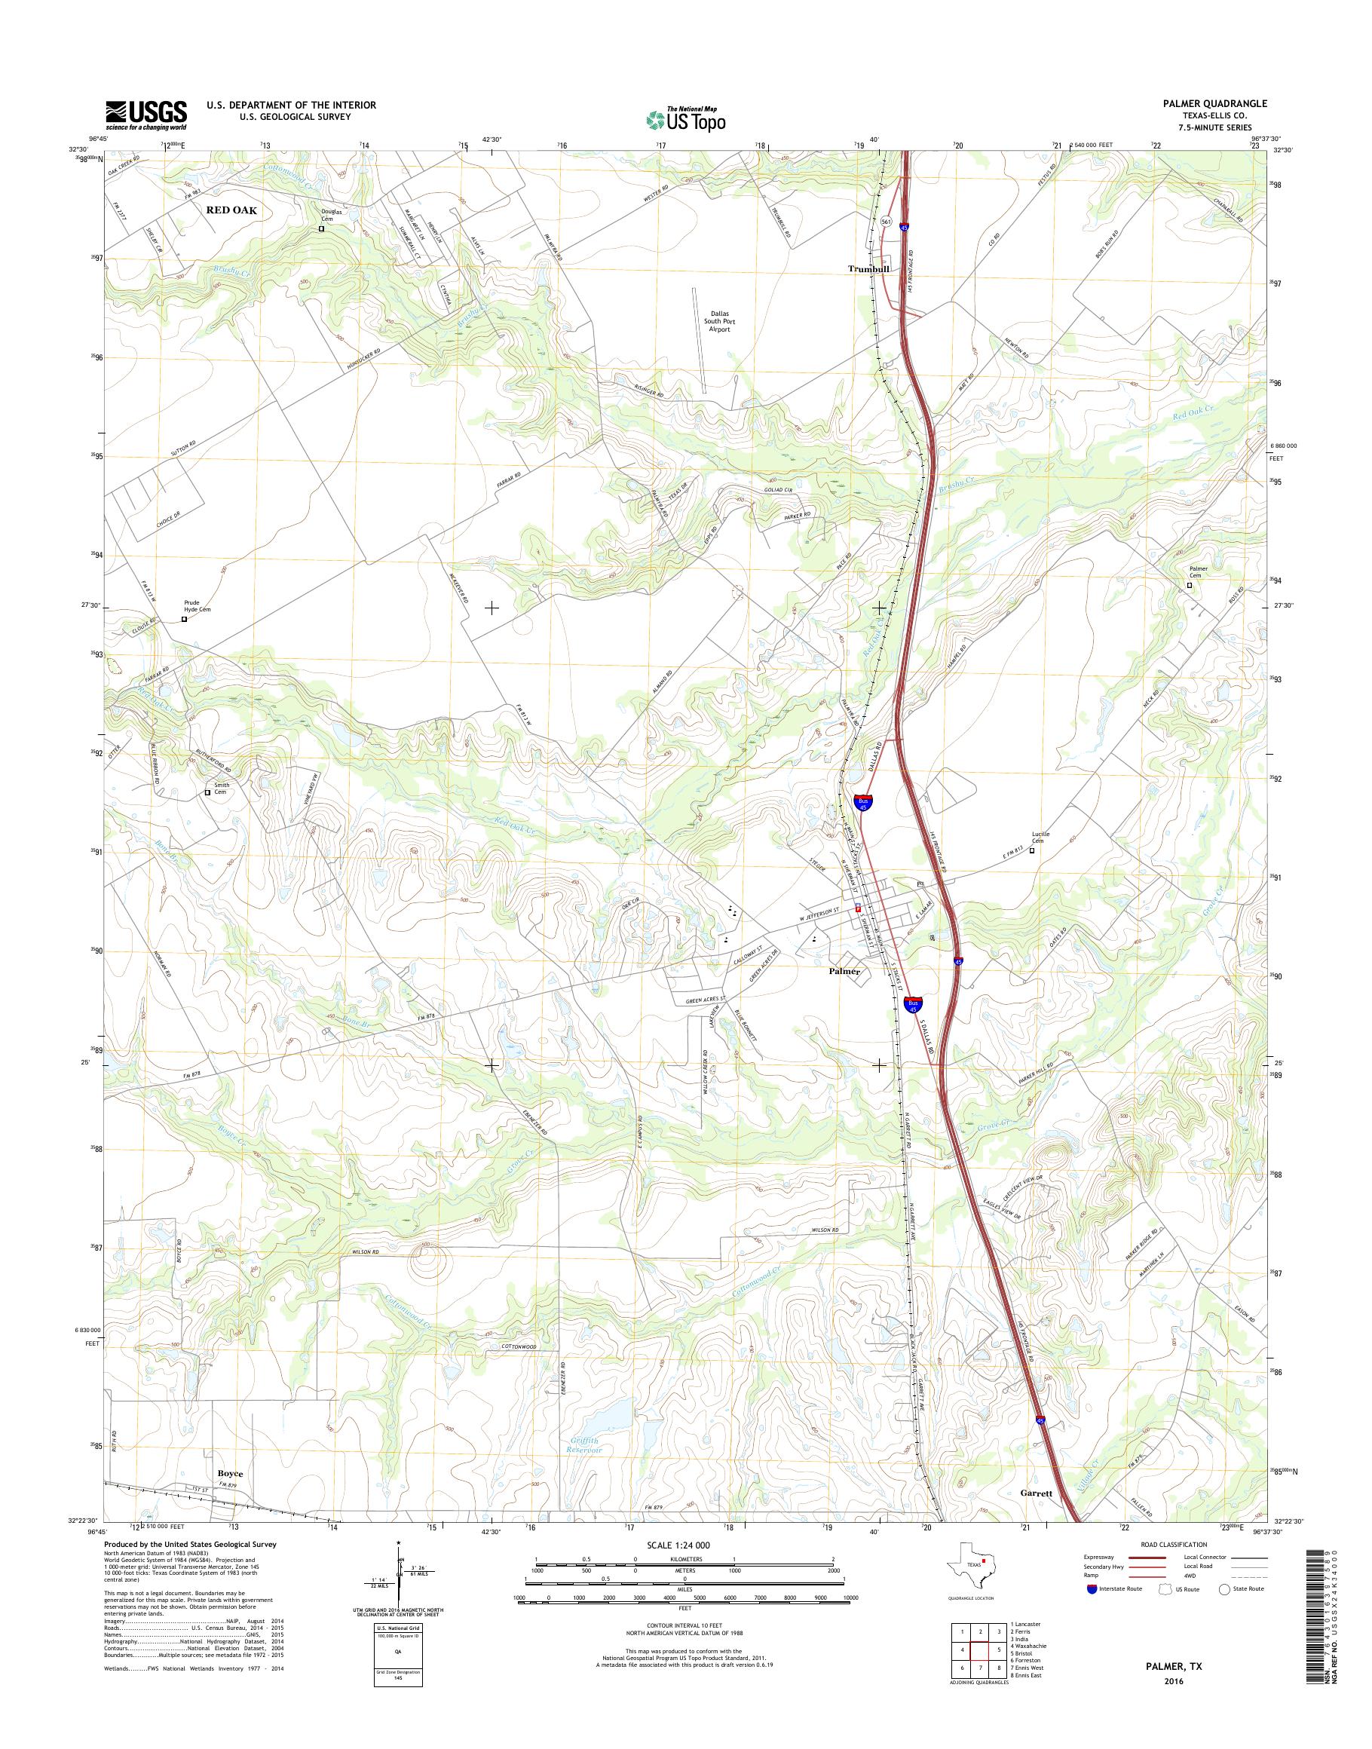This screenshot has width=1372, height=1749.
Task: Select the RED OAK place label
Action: [231, 210]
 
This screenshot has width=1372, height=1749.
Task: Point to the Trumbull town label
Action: [868, 269]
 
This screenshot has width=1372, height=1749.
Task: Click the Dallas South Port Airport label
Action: [719, 321]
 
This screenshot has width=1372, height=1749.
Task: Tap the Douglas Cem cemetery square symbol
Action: [322, 228]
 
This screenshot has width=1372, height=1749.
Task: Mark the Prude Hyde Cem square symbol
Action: [184, 620]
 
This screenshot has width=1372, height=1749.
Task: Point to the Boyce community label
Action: [229, 1475]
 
